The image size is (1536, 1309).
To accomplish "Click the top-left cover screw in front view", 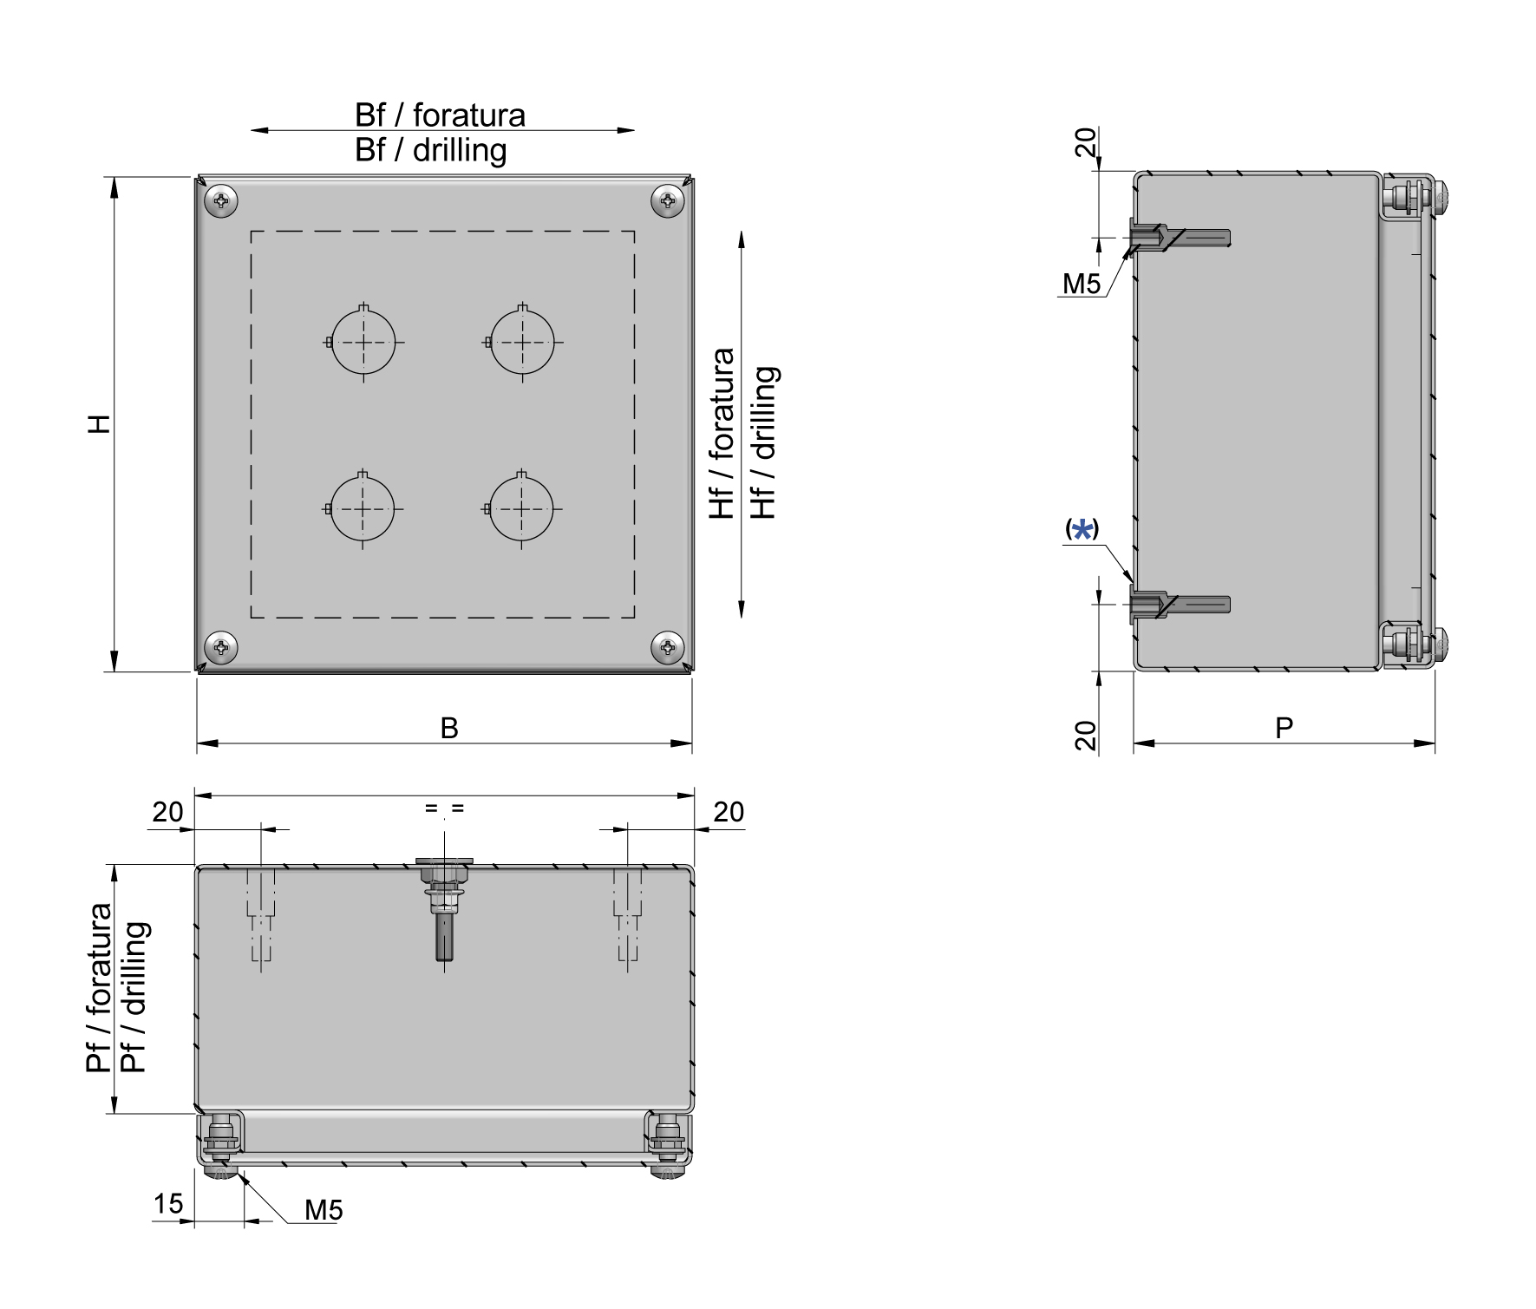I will tap(222, 201).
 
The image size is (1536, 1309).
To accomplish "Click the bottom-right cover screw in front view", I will tap(668, 646).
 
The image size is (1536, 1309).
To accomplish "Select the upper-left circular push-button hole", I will tap(363, 342).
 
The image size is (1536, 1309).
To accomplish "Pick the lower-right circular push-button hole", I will tap(521, 508).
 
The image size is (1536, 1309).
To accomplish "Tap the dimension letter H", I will tap(101, 424).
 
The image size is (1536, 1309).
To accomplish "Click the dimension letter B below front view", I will tap(448, 728).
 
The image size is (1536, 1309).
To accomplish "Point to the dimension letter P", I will tap(1284, 728).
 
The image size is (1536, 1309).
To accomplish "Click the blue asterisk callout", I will tap(1082, 530).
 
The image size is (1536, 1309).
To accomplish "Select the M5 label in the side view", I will tap(1081, 284).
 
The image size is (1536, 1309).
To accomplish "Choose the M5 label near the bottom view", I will tap(324, 1210).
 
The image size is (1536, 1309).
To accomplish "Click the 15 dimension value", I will tap(168, 1203).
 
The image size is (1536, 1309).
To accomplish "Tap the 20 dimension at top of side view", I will tap(1086, 142).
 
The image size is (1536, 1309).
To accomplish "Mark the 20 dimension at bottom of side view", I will tap(1086, 736).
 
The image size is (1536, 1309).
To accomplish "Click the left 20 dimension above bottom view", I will tap(167, 812).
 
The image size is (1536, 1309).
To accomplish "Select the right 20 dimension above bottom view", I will tap(729, 812).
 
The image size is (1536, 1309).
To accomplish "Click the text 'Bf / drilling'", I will tap(430, 150).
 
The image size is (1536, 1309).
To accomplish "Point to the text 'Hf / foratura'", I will tap(722, 433).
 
